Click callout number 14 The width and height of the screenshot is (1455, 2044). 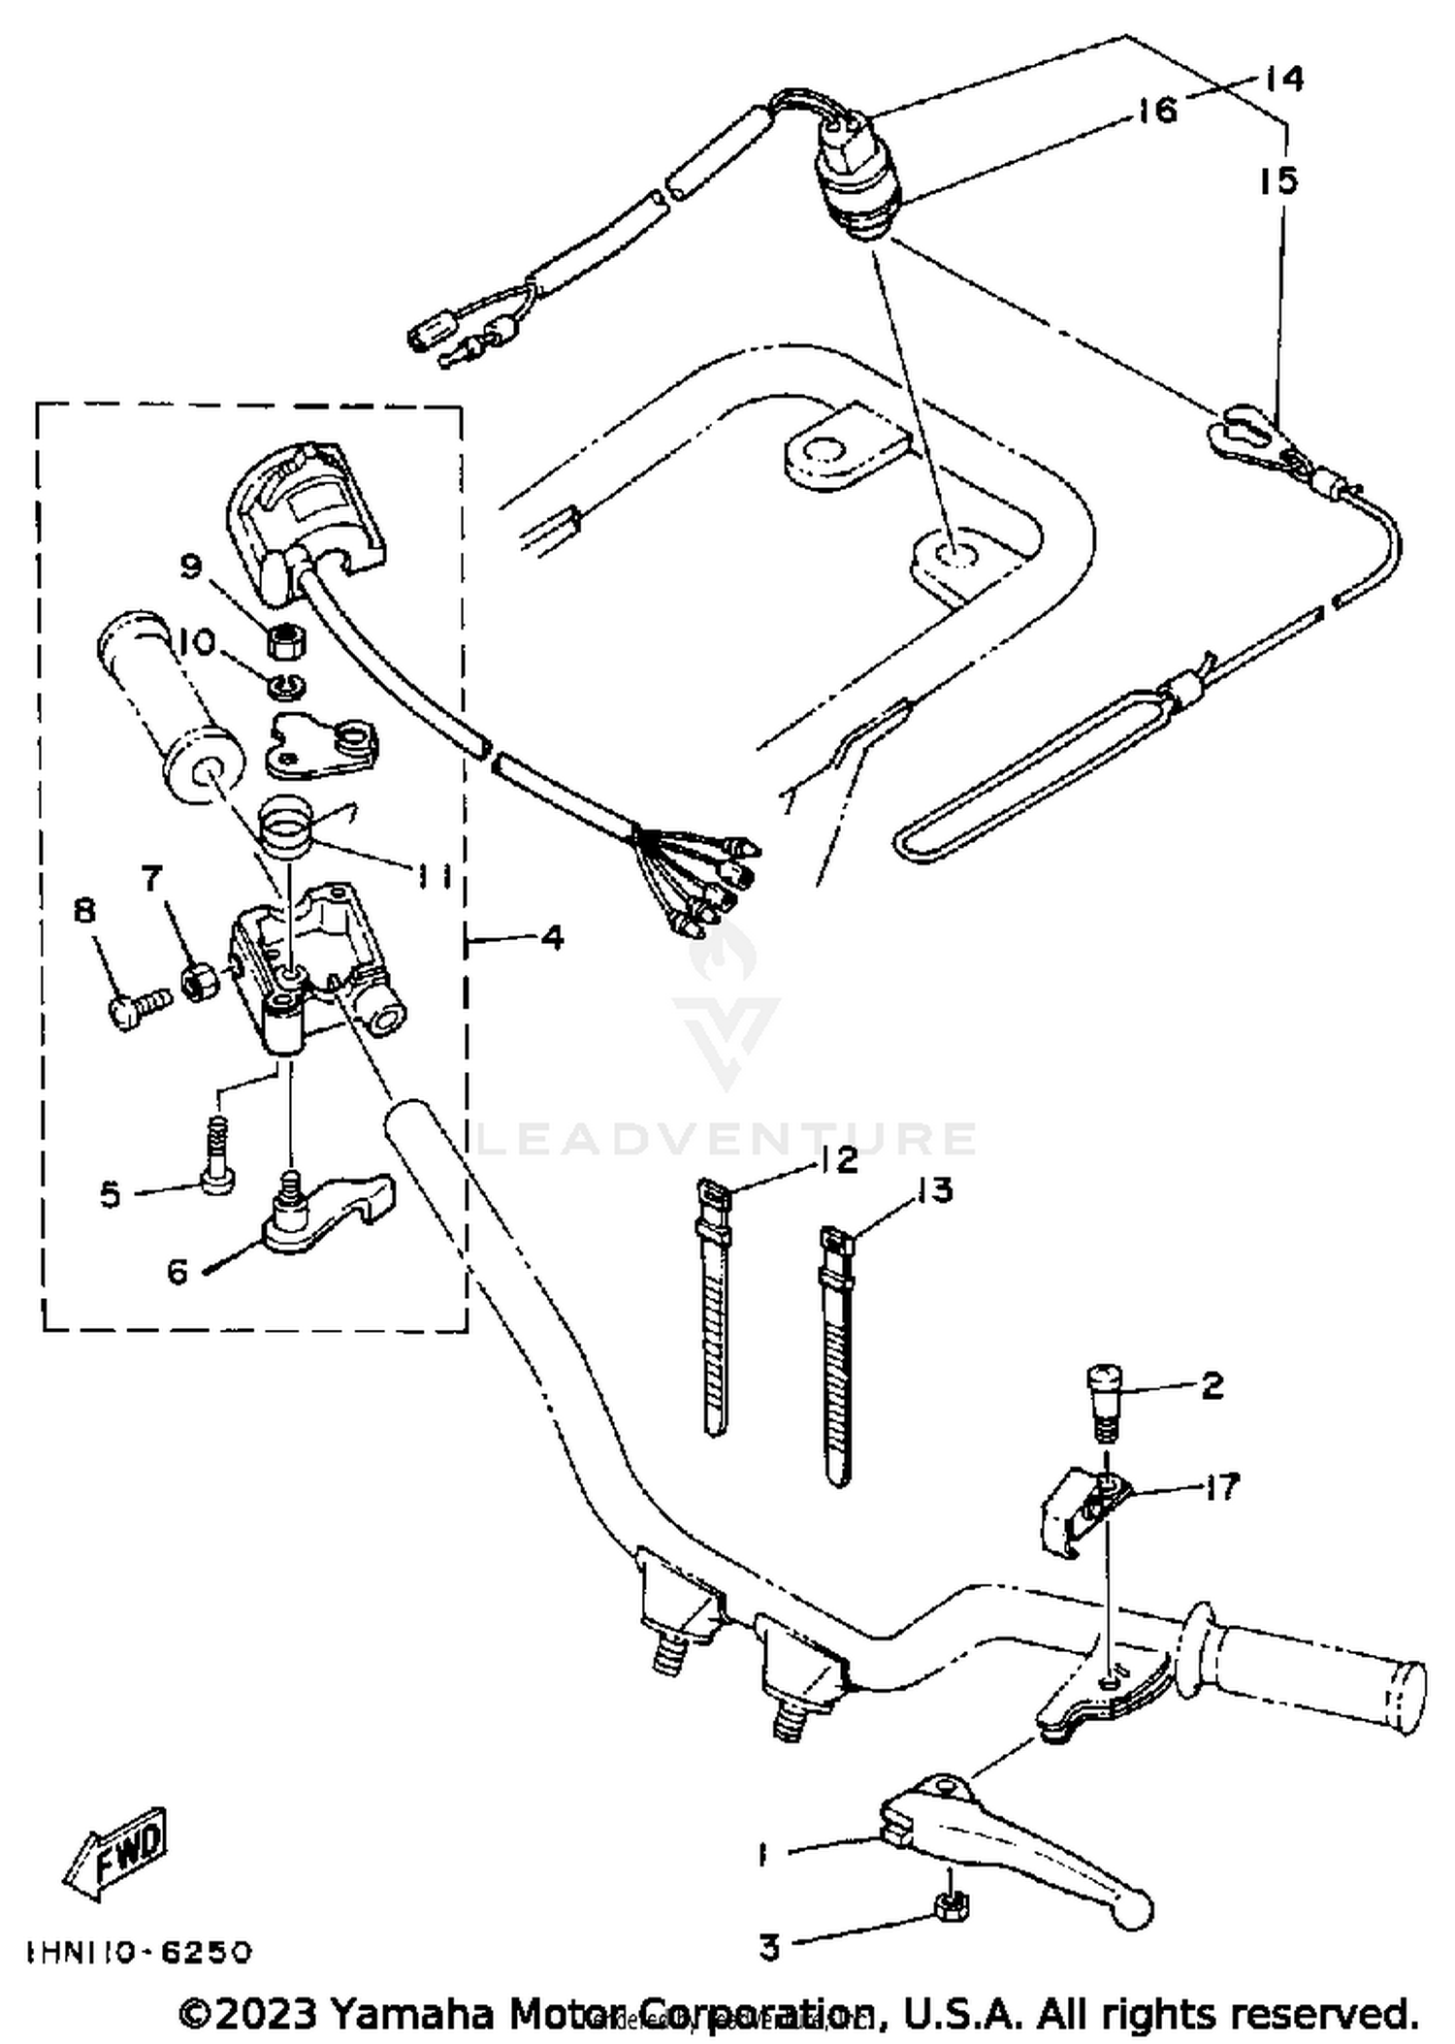coord(1283,78)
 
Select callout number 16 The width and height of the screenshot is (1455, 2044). coord(1156,110)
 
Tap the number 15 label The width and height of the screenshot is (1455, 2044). coord(1278,180)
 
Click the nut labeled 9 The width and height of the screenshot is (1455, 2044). coord(287,640)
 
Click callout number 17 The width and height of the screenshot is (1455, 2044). coord(1221,1485)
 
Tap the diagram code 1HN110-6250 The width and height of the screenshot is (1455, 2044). coord(139,1951)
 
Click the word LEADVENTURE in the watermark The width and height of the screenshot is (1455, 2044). coord(727,1139)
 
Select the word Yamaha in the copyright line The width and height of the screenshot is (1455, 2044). coord(414,2013)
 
